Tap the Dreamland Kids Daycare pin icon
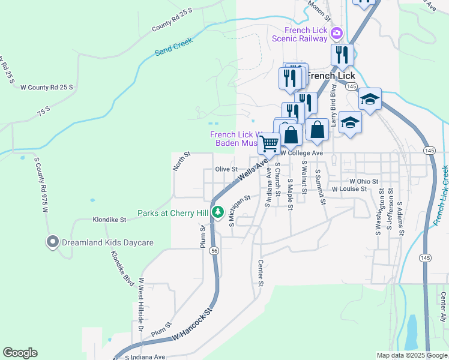tap(52, 242)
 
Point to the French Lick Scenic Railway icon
tap(337, 32)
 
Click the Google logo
tap(20, 353)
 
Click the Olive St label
tap(227, 169)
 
